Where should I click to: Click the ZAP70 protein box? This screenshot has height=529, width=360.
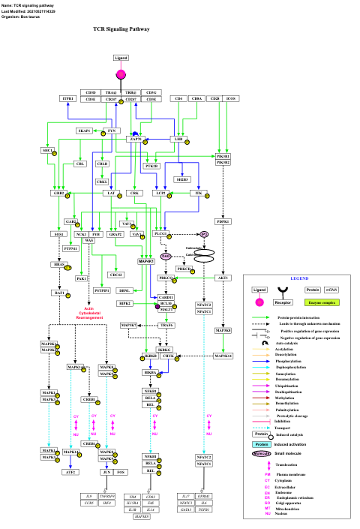click(136, 139)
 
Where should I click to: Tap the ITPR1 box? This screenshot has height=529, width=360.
click(68, 98)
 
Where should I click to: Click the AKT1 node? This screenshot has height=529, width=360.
click(223, 278)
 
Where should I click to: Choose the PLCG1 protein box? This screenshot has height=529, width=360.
click(160, 234)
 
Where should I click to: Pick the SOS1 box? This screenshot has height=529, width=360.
click(59, 234)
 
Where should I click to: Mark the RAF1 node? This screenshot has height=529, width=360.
click(59, 293)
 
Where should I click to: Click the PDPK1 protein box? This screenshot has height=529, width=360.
click(223, 221)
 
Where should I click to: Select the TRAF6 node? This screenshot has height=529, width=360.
click(166, 324)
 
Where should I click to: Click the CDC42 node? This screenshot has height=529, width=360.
click(115, 274)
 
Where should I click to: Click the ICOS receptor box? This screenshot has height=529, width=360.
click(231, 98)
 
